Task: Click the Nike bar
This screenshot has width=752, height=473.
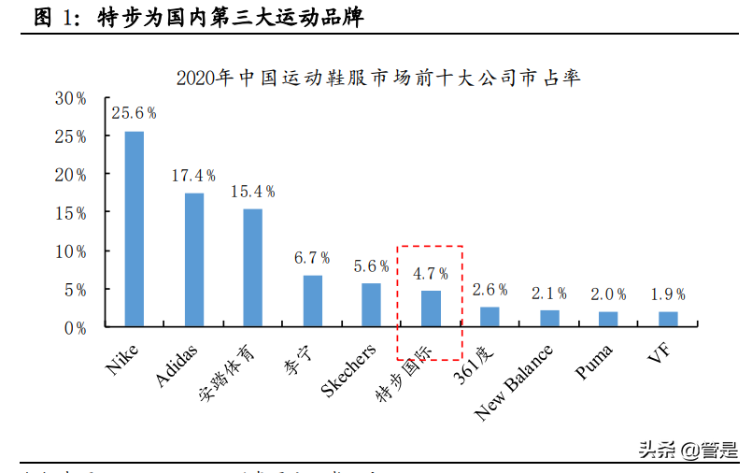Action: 135,229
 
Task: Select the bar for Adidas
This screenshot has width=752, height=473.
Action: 193,260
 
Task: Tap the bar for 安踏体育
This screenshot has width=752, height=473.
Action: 253,267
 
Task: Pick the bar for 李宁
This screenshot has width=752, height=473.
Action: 312,301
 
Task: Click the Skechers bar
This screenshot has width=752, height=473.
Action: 371,305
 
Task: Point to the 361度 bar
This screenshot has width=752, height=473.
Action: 490,317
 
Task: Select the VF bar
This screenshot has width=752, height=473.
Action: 668,319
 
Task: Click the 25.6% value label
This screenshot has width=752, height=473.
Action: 135,113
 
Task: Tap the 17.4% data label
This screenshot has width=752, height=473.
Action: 193,175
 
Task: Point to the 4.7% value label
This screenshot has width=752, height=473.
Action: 431,273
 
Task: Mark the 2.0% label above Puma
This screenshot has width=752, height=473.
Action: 608,294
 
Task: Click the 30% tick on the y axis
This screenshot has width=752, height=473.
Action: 70,98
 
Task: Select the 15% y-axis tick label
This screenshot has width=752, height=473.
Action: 70,213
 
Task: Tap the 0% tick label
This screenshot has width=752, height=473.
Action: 75,327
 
